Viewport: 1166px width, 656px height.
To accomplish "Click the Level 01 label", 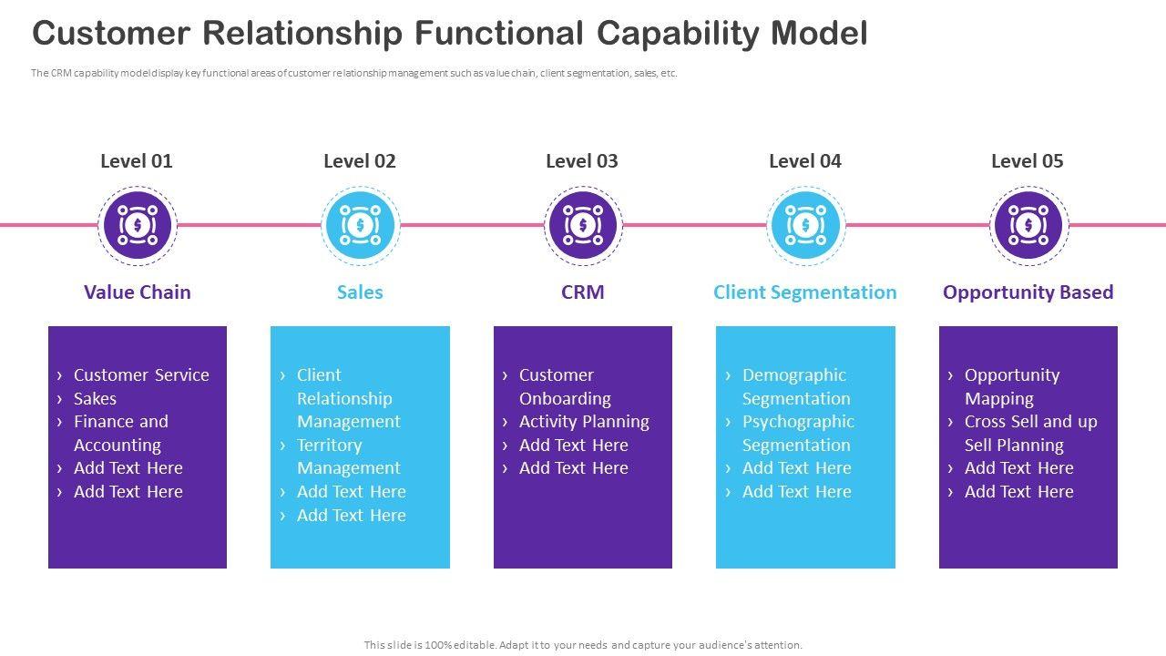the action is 137,161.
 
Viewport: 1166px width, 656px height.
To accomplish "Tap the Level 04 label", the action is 804,161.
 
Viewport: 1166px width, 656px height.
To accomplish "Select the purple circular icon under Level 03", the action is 583,225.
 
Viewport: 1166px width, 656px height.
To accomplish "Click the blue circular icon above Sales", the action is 360,225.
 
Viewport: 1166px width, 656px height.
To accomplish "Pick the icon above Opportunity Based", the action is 1028,225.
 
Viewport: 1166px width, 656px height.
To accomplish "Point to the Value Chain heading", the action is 138,292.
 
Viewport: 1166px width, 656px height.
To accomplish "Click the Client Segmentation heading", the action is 804,292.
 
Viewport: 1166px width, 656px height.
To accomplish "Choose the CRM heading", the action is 582,292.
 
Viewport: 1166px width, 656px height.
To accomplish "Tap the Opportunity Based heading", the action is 1028,292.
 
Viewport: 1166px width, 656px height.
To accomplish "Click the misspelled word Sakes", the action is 95,398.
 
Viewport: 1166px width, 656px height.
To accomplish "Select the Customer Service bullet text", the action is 141,374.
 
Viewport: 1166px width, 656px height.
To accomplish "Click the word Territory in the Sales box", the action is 329,446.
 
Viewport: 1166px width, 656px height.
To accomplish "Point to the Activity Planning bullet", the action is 584,422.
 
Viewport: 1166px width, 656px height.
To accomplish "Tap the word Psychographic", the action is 798,422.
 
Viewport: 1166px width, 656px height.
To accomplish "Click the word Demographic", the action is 793,375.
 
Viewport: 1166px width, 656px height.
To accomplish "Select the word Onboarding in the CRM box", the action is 565,399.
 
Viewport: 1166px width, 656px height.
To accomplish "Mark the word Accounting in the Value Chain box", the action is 118,446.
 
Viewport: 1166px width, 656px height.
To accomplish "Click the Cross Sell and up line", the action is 1030,422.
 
